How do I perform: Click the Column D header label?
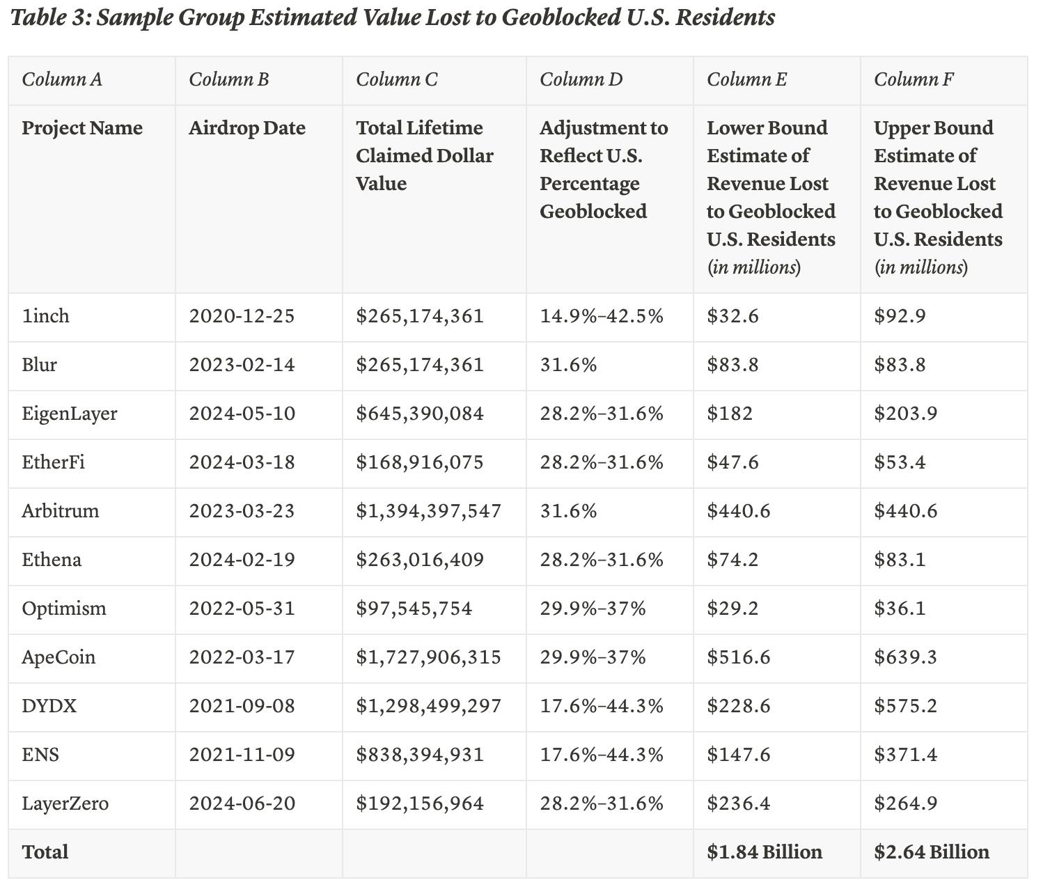581,80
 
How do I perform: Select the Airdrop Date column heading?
247,128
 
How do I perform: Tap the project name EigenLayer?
70,414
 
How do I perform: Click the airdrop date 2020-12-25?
242,316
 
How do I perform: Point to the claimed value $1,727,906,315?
428,657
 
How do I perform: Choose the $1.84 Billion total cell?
764,852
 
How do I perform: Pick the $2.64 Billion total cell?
931,852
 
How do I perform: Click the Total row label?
45,852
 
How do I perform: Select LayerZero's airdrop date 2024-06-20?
242,803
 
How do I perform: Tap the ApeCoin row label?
58,658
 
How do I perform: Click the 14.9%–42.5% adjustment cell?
602,316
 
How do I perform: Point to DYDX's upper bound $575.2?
905,706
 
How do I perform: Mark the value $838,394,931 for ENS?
420,755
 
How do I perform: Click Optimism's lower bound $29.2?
732,609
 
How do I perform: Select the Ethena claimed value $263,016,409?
420,560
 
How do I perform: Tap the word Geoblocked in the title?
561,18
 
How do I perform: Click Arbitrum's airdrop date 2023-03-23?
242,511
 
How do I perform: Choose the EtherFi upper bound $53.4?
900,462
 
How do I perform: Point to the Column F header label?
914,80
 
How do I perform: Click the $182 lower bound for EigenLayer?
730,414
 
